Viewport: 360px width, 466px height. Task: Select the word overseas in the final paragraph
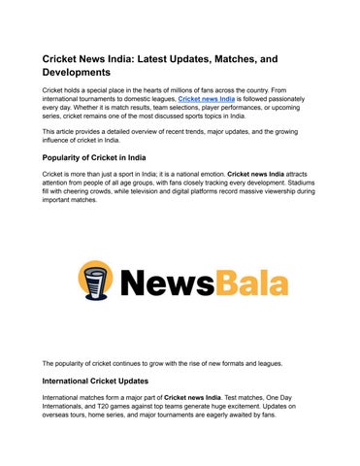(58, 415)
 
